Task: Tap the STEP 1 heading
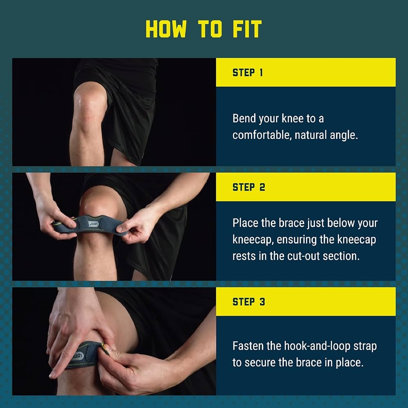pyautogui.click(x=248, y=73)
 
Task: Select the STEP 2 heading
pyautogui.click(x=248, y=187)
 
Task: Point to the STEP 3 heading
pyautogui.click(x=248, y=302)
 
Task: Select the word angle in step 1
pyautogui.click(x=344, y=135)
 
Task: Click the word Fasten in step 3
pyautogui.click(x=248, y=346)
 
